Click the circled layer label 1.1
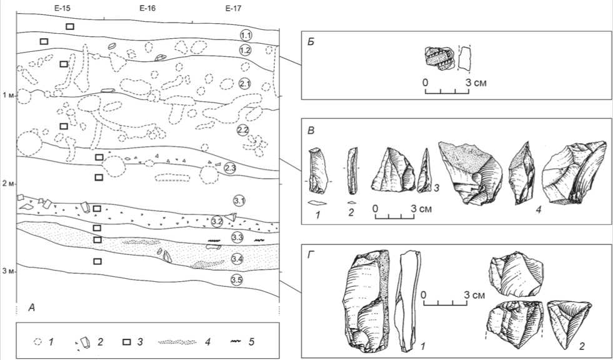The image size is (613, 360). (x=246, y=36)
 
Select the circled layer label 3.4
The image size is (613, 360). (x=237, y=259)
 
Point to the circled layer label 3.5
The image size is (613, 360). (x=236, y=280)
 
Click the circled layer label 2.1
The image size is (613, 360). (x=246, y=84)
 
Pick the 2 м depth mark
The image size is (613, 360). (x=7, y=184)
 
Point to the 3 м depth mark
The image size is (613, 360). (x=7, y=272)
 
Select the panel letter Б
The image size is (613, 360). (x=311, y=42)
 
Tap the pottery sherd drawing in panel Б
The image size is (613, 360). (x=439, y=59)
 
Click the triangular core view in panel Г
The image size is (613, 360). (x=569, y=324)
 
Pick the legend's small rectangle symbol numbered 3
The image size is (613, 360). (x=127, y=342)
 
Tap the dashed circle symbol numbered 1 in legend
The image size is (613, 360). (x=38, y=342)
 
